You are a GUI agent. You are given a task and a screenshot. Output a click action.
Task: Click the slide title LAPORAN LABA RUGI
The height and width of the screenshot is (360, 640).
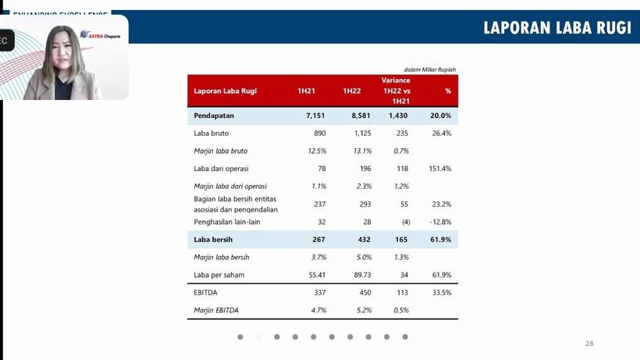(556, 28)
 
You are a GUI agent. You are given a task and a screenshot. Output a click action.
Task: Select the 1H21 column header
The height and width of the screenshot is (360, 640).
(305, 91)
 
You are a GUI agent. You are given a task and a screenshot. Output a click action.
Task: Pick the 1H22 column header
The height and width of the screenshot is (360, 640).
(351, 91)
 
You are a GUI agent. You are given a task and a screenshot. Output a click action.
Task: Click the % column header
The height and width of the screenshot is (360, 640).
(448, 91)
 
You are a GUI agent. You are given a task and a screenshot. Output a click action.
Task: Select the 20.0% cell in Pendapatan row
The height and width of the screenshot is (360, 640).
(442, 116)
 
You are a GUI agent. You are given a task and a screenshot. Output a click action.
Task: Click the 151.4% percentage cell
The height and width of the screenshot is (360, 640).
(440, 168)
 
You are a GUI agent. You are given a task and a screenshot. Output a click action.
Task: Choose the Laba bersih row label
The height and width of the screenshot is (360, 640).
(213, 239)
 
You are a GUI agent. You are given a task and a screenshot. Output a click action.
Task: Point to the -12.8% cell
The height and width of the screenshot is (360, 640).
(440, 222)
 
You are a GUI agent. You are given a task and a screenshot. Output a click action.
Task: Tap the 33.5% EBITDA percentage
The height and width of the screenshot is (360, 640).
(442, 293)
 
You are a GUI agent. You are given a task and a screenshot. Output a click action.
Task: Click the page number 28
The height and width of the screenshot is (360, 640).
(589, 344)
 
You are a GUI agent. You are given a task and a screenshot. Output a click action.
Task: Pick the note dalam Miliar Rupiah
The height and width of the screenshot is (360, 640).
(429, 70)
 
